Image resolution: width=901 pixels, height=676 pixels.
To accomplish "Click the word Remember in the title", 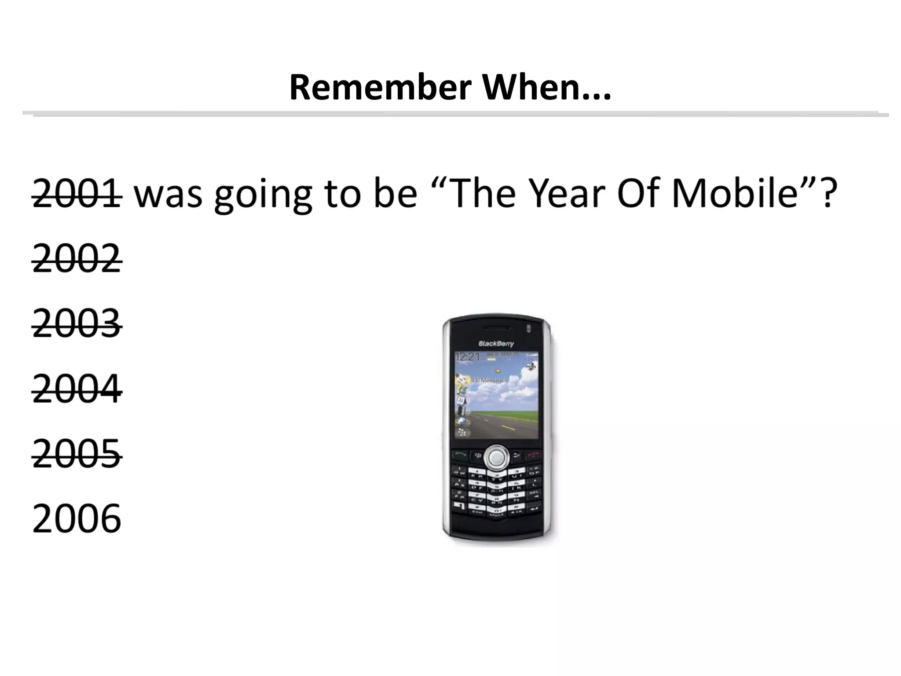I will click(380, 88).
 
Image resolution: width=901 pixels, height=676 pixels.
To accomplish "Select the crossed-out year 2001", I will click(77, 194).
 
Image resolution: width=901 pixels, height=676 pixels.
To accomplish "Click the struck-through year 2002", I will click(77, 259).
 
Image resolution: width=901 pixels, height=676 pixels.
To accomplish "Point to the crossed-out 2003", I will click(77, 324).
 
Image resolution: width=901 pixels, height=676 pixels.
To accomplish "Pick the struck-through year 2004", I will click(77, 389).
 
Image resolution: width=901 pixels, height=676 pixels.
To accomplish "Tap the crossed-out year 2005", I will click(77, 454).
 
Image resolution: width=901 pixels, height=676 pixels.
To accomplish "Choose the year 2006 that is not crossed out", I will click(77, 519).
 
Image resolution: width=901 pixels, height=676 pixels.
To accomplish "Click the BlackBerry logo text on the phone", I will click(496, 344).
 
